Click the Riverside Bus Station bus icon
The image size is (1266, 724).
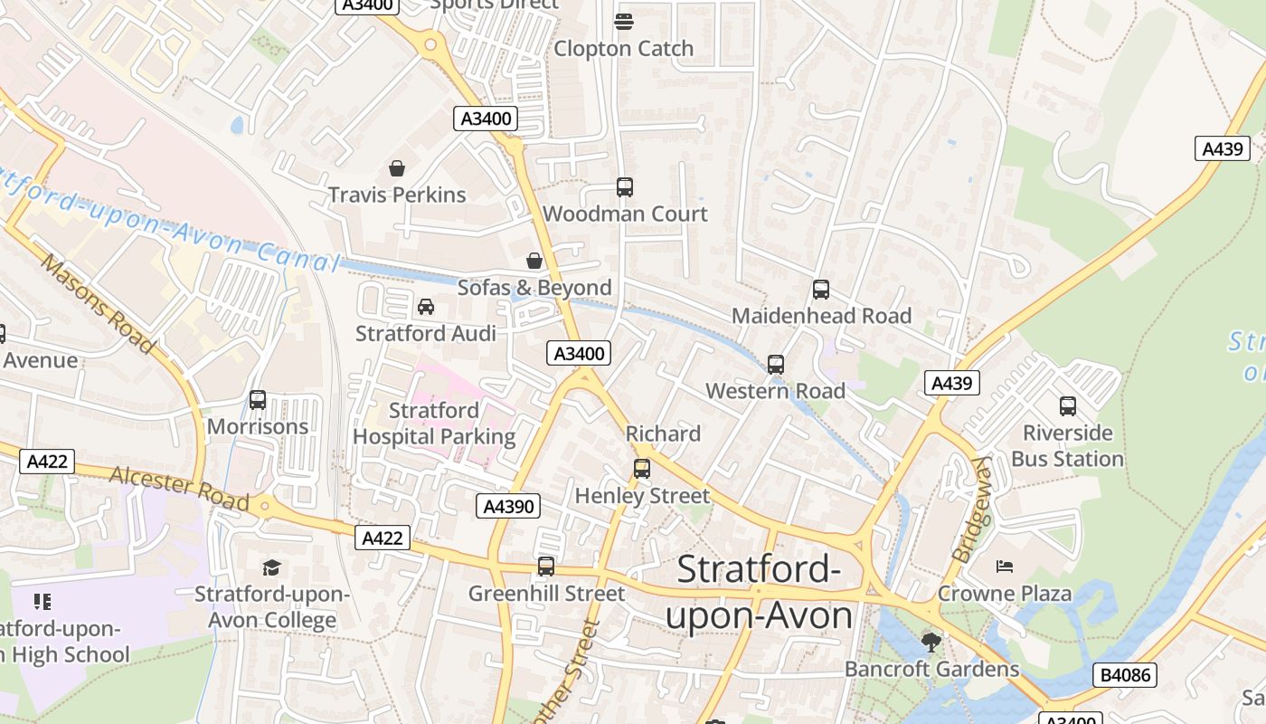pos(1067,406)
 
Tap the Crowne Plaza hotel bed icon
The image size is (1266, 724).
pos(1004,567)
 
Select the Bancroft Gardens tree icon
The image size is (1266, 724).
pos(931,643)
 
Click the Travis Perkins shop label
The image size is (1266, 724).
pos(397,195)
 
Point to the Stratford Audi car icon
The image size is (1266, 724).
pos(426,307)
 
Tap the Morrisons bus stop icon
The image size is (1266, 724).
pos(258,400)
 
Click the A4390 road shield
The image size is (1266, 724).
pos(508,506)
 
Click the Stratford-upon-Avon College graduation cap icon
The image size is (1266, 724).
pos(271,567)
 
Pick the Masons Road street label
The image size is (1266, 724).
pos(98,303)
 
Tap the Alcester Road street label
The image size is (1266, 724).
pos(179,488)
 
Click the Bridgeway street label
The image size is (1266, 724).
pos(971,509)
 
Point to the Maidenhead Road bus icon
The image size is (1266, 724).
pos(821,290)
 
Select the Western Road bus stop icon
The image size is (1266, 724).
pos(776,365)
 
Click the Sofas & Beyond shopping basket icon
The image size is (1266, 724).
pos(534,262)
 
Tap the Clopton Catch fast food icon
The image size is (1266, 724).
pos(623,21)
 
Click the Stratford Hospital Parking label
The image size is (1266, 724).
pos(434,424)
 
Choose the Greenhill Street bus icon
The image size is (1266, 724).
pos(545,567)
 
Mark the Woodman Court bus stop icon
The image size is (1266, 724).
pos(625,187)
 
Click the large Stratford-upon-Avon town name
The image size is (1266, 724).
pos(759,592)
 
